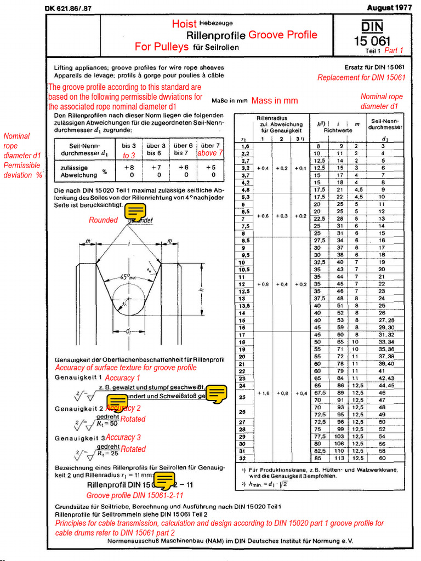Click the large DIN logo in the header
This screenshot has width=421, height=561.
point(372,27)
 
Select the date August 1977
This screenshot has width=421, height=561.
point(390,7)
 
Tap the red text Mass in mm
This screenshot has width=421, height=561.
point(275,100)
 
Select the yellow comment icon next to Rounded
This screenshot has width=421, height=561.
point(135,211)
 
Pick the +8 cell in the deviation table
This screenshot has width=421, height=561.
point(129,167)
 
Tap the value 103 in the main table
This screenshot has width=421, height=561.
point(340,436)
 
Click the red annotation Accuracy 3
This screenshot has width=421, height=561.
point(123,437)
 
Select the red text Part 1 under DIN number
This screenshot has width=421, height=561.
point(394,50)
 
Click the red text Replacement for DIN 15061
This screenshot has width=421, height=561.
point(361,78)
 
